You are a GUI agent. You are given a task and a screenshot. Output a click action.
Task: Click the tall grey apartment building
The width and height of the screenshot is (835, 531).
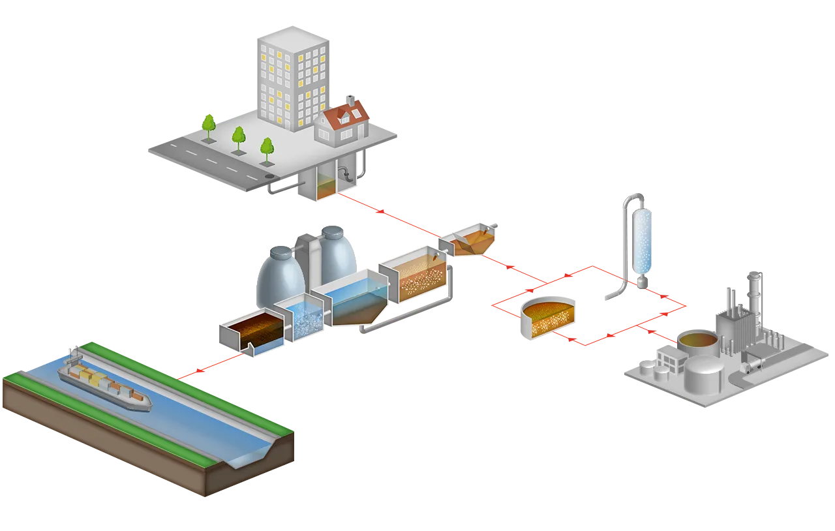[x=290, y=78]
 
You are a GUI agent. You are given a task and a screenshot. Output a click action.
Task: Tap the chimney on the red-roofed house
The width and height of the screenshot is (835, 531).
[x=350, y=101]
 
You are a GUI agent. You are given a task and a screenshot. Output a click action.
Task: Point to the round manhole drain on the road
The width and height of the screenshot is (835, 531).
[x=269, y=176]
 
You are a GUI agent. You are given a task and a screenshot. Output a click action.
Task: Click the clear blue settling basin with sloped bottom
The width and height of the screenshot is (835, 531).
[x=356, y=300]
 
